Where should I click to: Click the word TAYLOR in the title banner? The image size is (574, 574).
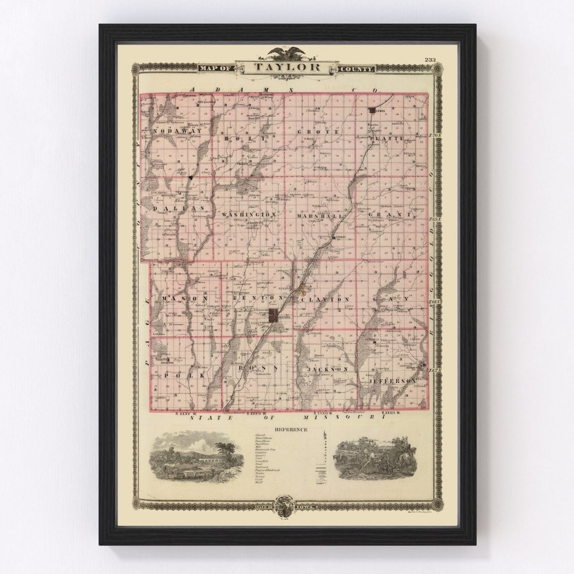click(287, 67)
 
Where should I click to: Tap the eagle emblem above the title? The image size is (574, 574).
click(287, 53)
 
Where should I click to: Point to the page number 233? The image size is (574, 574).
click(429, 60)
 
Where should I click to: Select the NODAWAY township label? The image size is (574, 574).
click(177, 131)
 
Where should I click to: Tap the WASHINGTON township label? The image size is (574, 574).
click(249, 214)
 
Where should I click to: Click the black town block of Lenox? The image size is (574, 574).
click(372, 111)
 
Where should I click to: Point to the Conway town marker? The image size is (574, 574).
click(333, 238)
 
